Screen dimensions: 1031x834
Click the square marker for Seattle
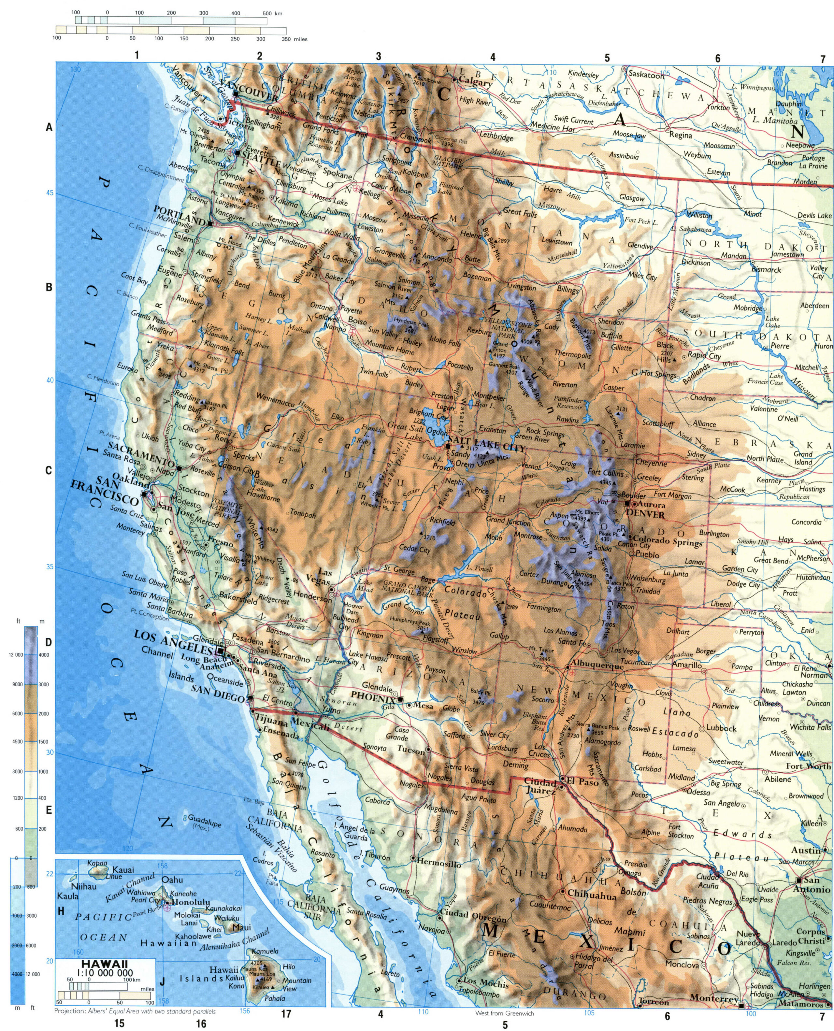click(237, 153)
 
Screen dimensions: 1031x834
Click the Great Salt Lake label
click(405, 430)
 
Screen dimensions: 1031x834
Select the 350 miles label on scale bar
click(295, 39)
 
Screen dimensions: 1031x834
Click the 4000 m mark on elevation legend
click(44, 655)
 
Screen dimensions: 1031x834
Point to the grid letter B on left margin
click(49, 288)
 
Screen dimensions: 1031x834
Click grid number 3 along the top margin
click(378, 56)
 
